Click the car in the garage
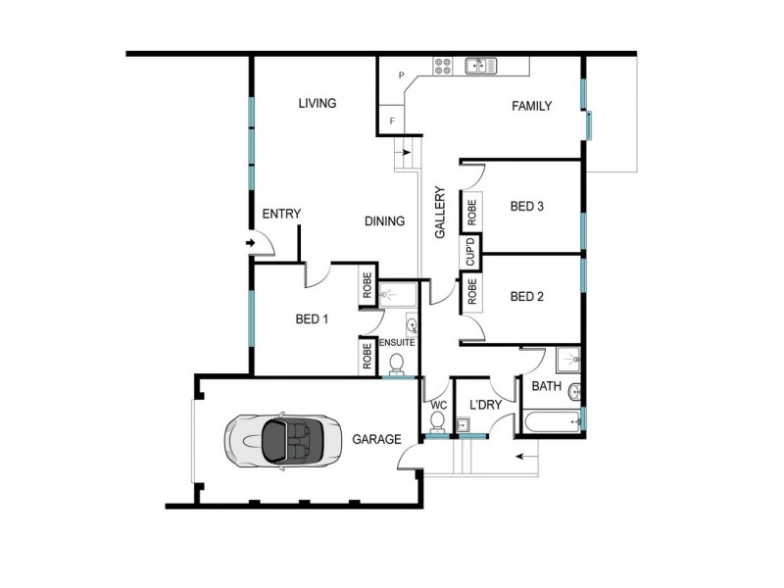[276, 439]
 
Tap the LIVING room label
[318, 103]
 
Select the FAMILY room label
[531, 106]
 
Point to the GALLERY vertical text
[440, 213]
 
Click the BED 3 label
[526, 207]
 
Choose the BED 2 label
[526, 297]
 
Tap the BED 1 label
[312, 318]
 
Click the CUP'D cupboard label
[470, 253]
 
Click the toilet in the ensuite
[397, 365]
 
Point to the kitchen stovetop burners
[443, 67]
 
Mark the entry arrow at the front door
[250, 242]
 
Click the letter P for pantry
[402, 74]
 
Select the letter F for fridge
[393, 121]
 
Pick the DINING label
[384, 221]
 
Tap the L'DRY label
[484, 405]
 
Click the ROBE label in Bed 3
[471, 209]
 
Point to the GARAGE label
[376, 439]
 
